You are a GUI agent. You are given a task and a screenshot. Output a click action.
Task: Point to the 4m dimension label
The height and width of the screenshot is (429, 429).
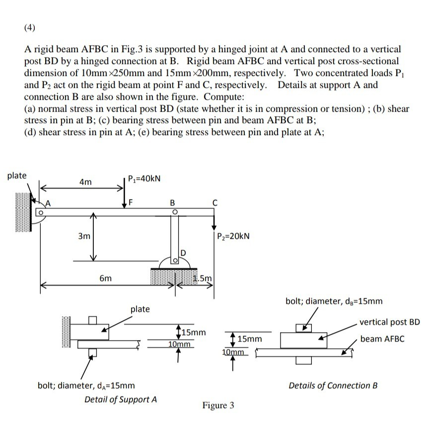pos(85,183)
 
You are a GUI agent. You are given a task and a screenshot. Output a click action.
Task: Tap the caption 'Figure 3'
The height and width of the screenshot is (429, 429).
pos(218,406)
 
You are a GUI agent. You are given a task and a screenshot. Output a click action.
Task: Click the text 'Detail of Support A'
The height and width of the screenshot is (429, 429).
pos(121,399)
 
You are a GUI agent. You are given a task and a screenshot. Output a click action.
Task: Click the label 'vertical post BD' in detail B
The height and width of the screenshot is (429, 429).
pos(389,322)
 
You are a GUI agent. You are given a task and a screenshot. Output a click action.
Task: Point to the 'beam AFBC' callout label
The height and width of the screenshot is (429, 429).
pos(382,339)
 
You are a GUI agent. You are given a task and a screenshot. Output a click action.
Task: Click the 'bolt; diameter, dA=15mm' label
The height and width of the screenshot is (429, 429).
pos(86,385)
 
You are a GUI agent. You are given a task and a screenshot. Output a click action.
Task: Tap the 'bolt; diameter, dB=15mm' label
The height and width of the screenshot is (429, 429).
pos(334,300)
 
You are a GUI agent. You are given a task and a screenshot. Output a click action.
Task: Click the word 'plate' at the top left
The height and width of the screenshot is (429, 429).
pos(17,175)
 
